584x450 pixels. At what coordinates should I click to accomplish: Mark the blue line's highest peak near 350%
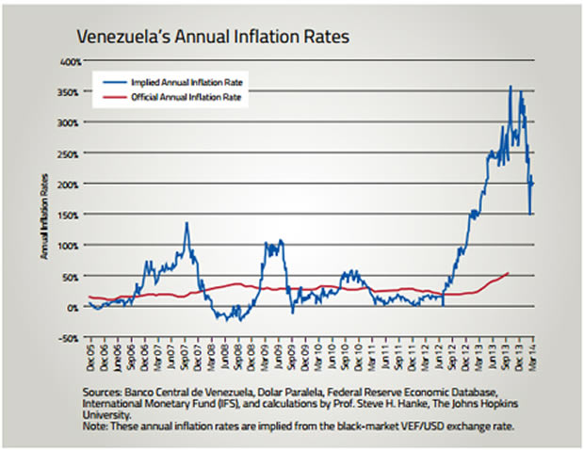pyautogui.click(x=510, y=87)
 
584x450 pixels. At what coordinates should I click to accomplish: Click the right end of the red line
pyautogui.click(x=509, y=273)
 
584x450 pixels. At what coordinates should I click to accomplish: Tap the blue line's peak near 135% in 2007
pyautogui.click(x=187, y=224)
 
